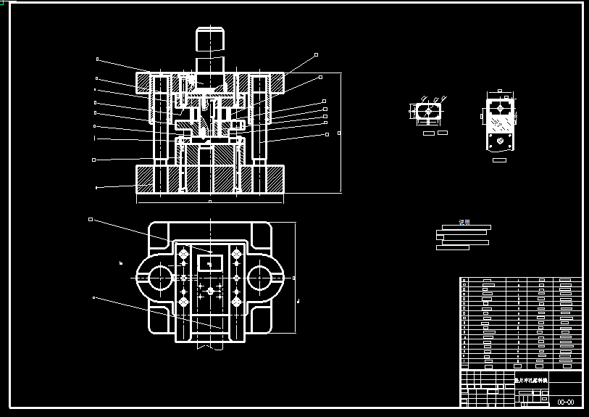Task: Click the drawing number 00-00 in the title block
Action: pyautogui.click(x=565, y=402)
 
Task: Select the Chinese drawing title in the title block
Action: pyautogui.click(x=531, y=379)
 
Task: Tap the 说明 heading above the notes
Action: pyautogui.click(x=464, y=222)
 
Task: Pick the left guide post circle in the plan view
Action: pyautogui.click(x=159, y=277)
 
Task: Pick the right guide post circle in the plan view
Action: pyautogui.click(x=261, y=277)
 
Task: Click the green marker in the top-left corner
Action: pyautogui.click(x=3, y=3)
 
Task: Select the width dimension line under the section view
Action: pyautogui.click(x=209, y=201)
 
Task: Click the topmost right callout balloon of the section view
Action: pyautogui.click(x=316, y=54)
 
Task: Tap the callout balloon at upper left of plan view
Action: pyautogui.click(x=91, y=219)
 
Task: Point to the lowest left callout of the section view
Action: pyautogui.click(x=96, y=187)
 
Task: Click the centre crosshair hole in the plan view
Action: pyautogui.click(x=210, y=291)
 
